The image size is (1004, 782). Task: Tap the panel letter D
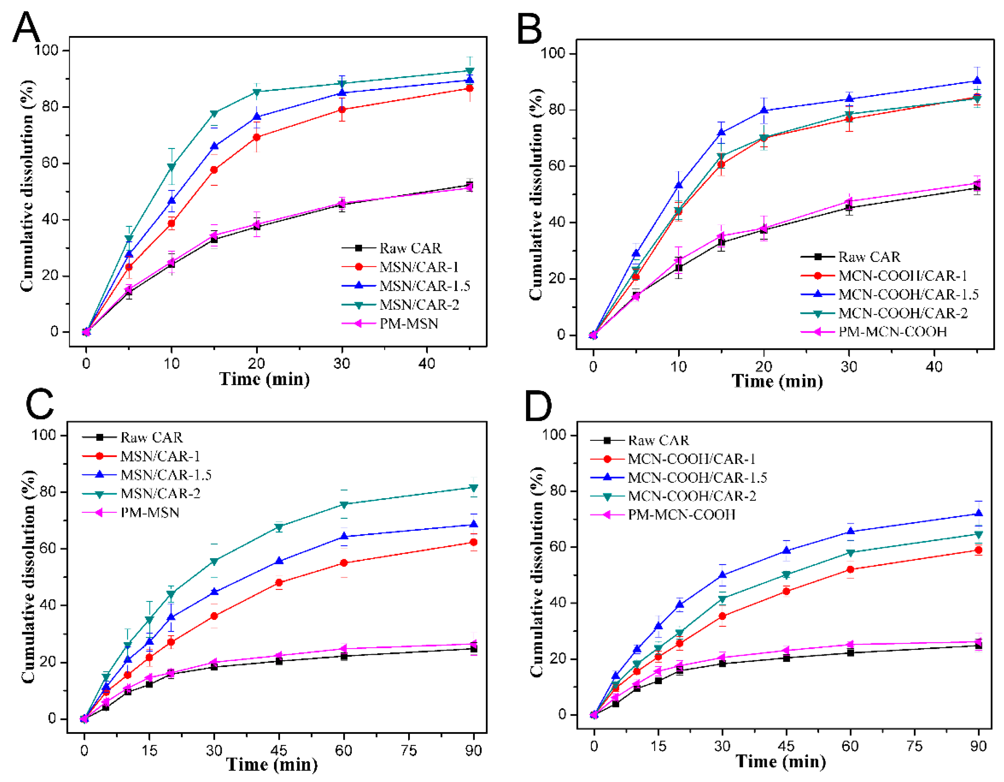pos(538,405)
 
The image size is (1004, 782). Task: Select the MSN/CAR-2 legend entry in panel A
pos(418,305)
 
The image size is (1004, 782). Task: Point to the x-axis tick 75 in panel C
pos(408,751)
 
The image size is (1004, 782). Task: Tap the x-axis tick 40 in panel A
pos(427,364)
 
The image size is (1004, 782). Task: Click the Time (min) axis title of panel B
pos(777,381)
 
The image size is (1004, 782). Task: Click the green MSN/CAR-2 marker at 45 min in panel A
pos(469,71)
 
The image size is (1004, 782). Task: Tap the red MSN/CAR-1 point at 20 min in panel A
pos(256,138)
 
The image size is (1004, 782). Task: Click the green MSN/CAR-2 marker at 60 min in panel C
pos(343,504)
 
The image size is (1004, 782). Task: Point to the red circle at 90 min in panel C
pos(474,542)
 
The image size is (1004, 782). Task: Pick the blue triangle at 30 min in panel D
pos(722,575)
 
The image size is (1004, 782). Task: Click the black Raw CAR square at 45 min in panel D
pos(787,658)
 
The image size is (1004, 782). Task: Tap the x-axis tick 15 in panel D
pos(658,746)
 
